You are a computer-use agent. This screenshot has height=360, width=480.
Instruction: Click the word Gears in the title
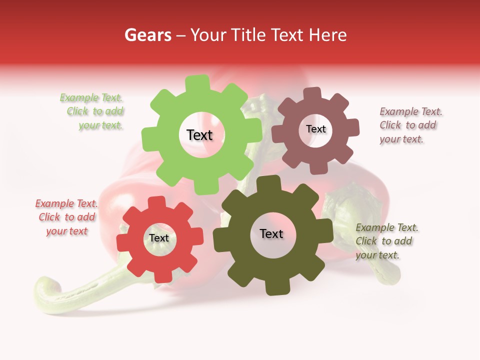pyautogui.click(x=147, y=35)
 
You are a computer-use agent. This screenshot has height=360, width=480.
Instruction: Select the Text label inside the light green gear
pyautogui.click(x=199, y=135)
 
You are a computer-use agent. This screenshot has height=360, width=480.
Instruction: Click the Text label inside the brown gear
pyautogui.click(x=315, y=129)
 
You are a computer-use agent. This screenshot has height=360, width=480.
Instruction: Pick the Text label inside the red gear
pyautogui.click(x=159, y=238)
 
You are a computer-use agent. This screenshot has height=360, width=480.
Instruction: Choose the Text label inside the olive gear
pyautogui.click(x=271, y=233)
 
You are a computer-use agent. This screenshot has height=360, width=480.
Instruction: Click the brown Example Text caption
pyautogui.click(x=410, y=125)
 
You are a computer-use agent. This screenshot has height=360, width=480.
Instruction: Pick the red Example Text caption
pyautogui.click(x=66, y=217)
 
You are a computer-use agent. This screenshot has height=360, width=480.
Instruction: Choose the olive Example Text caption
pyautogui.click(x=386, y=241)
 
